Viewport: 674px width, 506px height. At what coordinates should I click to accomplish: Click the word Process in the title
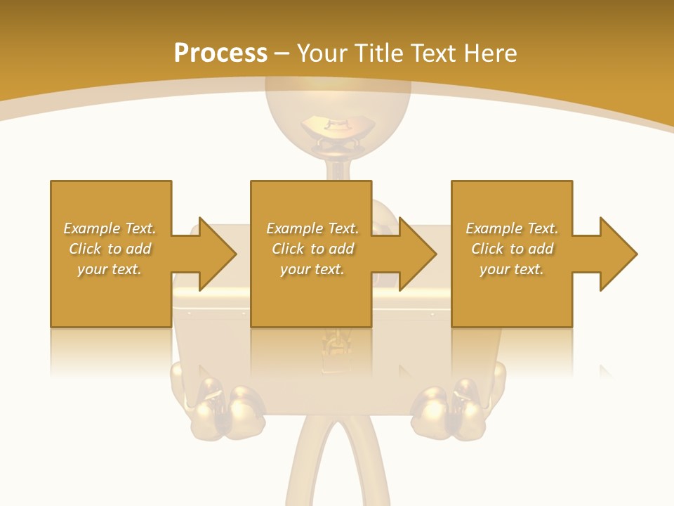coord(220,53)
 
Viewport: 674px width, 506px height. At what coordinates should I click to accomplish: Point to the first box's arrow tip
coord(235,254)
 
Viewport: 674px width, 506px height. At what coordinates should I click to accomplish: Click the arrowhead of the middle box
coord(435,254)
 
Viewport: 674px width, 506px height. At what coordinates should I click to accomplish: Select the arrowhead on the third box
coord(635,254)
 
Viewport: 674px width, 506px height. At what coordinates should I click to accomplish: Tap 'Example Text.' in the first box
coord(110,228)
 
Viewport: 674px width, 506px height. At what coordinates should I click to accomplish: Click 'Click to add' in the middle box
coord(313,249)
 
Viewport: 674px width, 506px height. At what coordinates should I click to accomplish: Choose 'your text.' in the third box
coord(512,269)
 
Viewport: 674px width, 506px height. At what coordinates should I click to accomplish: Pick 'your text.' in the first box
coord(110,269)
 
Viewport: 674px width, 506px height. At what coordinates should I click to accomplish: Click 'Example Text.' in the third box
coord(512,228)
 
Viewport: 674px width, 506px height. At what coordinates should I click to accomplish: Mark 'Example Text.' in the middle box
coord(312,228)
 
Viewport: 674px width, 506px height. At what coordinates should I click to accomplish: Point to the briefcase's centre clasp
coord(336,348)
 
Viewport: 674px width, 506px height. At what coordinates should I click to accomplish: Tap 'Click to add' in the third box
coord(513,249)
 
